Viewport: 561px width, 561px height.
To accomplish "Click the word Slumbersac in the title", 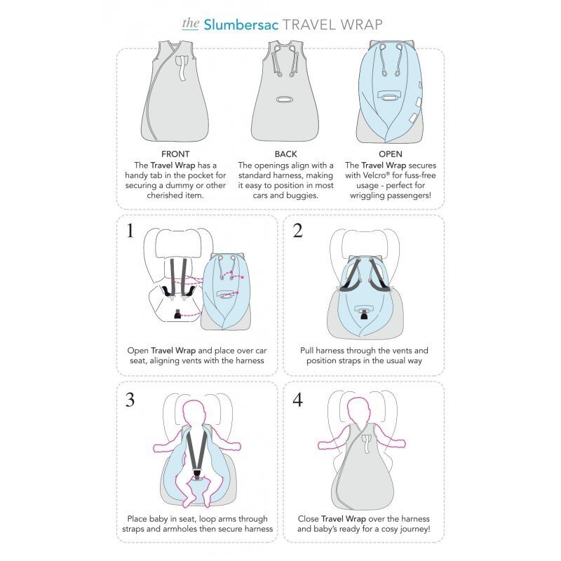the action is click(x=241, y=25).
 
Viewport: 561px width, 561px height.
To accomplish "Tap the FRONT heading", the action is click(x=175, y=154).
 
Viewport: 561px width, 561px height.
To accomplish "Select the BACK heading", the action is click(x=285, y=154).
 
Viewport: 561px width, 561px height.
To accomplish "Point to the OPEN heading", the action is click(x=391, y=154).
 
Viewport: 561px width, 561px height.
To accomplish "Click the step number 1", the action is click(x=130, y=231).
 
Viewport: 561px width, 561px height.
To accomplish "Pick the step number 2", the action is click(x=297, y=231).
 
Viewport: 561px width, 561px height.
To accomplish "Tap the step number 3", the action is click(x=130, y=400).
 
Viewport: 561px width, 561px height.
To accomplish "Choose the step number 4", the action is click(x=297, y=400).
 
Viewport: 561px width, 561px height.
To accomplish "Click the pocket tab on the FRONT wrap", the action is click(x=183, y=67).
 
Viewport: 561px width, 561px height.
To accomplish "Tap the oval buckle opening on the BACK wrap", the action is click(x=285, y=99).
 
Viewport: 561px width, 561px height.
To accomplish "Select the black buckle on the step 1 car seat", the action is click(x=177, y=314).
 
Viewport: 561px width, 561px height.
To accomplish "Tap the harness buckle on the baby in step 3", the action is click(x=197, y=474).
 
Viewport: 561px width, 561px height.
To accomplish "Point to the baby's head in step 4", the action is click(x=360, y=412).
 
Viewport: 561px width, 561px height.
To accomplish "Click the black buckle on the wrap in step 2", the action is click(x=364, y=316).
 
